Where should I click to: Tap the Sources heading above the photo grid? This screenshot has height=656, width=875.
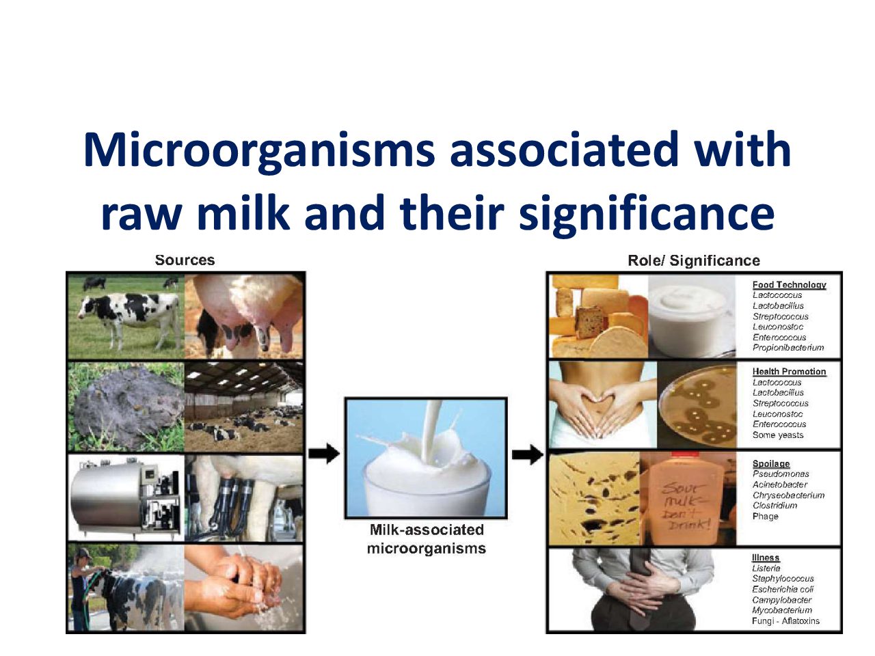(x=185, y=260)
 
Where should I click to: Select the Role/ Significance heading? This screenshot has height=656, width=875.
(x=694, y=260)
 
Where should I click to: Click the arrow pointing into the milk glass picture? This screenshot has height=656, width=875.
(x=324, y=453)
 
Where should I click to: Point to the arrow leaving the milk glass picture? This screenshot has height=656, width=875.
(x=527, y=453)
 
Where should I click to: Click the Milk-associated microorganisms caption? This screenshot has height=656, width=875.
(x=427, y=539)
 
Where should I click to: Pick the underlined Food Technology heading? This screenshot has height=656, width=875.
(x=789, y=284)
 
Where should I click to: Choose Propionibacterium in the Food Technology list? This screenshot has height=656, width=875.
(x=788, y=348)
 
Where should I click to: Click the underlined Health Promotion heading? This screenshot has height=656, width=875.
(x=789, y=371)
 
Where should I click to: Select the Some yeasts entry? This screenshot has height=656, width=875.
(x=778, y=435)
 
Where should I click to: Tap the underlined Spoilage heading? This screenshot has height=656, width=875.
(x=771, y=463)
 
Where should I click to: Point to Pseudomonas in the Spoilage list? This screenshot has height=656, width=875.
(x=781, y=474)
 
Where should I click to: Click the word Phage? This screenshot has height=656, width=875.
(x=766, y=516)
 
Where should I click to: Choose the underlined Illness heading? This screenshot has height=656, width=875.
(x=766, y=558)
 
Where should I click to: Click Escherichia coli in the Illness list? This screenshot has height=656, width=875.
(x=783, y=589)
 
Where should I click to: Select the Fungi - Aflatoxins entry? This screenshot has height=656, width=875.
(x=785, y=621)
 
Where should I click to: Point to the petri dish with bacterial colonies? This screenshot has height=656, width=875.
(x=698, y=405)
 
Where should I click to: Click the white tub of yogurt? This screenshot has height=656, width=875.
(x=692, y=316)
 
